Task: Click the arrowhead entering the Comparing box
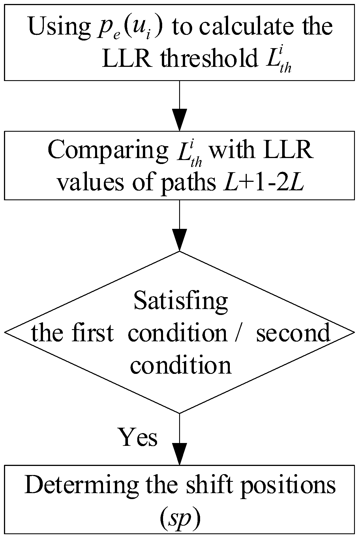click(180, 120)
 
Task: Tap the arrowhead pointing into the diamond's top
click(180, 240)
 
